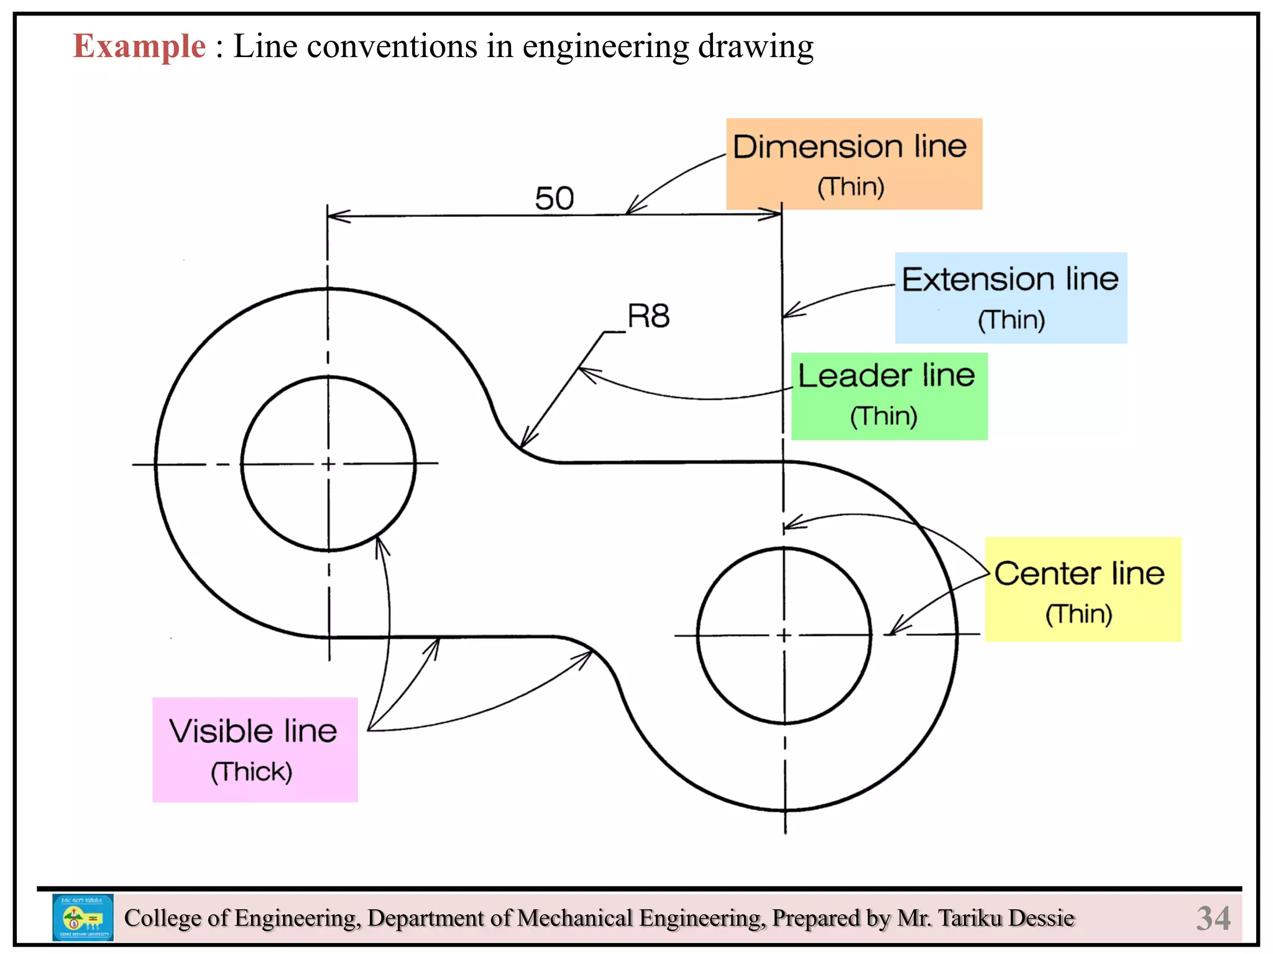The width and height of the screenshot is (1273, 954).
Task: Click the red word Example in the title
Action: (x=139, y=46)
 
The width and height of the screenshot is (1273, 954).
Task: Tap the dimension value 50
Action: (x=554, y=199)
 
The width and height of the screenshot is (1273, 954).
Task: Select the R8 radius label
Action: (x=648, y=316)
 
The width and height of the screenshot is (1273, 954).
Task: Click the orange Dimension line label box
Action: (x=854, y=164)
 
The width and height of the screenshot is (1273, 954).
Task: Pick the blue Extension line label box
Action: (x=1011, y=298)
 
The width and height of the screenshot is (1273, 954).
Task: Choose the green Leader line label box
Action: (x=889, y=396)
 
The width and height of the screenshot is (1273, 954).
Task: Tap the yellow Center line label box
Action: (x=1082, y=589)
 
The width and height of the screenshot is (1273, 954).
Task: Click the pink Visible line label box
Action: (x=255, y=750)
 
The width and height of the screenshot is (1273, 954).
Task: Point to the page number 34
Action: (x=1213, y=918)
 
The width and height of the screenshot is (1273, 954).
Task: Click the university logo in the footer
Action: (x=83, y=917)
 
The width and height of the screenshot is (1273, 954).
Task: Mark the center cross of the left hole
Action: (x=329, y=463)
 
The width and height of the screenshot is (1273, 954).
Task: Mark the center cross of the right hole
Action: (x=784, y=635)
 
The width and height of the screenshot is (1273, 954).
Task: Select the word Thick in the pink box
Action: (x=251, y=772)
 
